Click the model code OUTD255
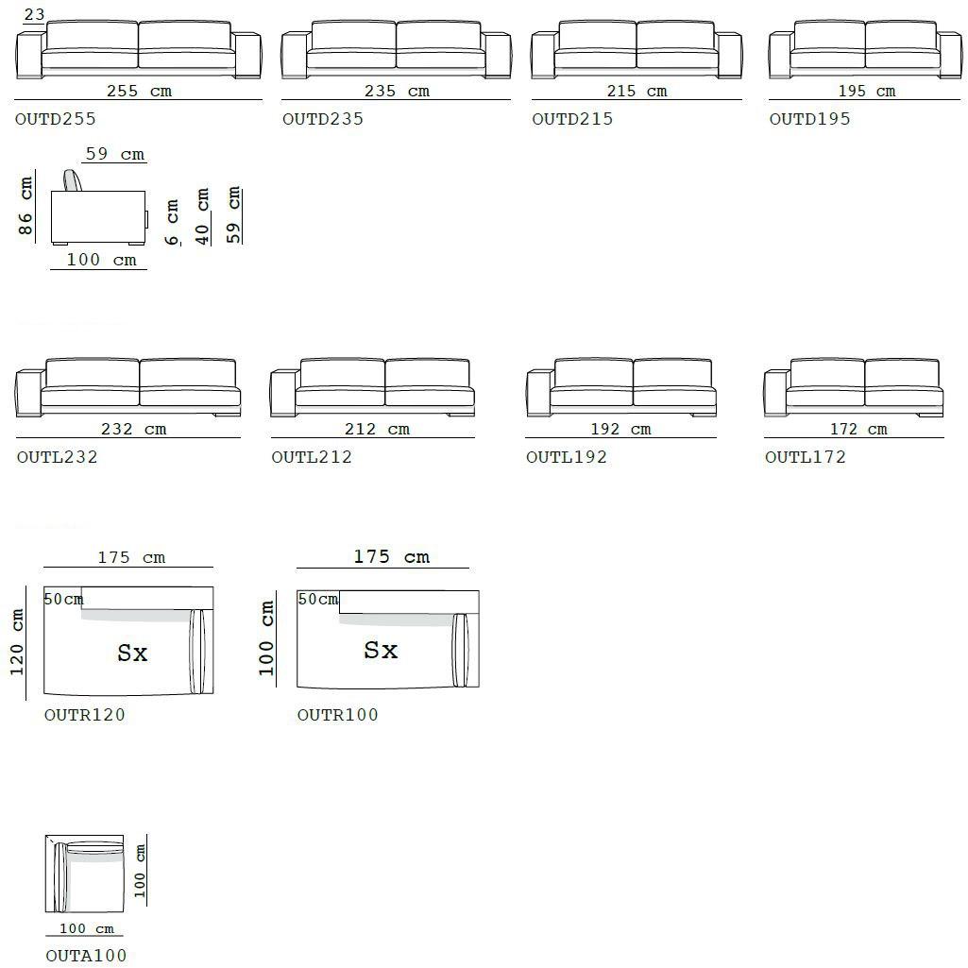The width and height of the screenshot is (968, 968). coord(56,119)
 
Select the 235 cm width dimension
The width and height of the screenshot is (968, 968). coord(397,91)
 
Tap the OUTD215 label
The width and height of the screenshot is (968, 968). coord(572,119)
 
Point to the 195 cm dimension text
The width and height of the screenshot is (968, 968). coord(867,91)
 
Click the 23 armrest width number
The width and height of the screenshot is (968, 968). coord(34,13)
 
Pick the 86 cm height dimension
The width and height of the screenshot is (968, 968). coord(25,206)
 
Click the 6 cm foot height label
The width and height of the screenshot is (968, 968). coord(172,222)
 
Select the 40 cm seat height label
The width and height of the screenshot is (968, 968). coord(202,216)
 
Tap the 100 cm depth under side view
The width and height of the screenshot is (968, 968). coord(101,260)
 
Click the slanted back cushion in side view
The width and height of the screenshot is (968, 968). coord(74,180)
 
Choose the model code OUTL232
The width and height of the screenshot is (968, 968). coord(57,457)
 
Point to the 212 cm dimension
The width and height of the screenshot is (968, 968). coord(377,429)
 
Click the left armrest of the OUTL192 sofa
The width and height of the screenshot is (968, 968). coord(539,393)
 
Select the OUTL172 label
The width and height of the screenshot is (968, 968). coord(805,457)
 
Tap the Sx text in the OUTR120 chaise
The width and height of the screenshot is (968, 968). coord(132,653)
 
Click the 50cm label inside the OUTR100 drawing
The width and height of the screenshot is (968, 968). coord(318,599)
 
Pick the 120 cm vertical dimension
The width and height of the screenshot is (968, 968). coord(17,642)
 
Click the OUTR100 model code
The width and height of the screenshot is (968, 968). coord(337,714)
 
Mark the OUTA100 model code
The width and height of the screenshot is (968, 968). coord(86,955)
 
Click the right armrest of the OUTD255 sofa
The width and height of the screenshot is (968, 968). coord(248,56)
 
